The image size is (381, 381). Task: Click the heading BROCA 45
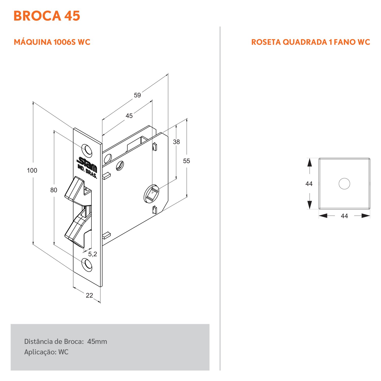point(47,16)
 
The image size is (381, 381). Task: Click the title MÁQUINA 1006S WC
point(52,42)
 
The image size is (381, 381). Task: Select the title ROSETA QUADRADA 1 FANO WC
point(310,42)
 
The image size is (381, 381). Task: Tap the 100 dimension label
point(32,170)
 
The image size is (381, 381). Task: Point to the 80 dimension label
point(54,190)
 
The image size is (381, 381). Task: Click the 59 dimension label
point(137,95)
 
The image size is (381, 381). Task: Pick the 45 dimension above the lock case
point(129,116)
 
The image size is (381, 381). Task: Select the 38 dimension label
point(176,142)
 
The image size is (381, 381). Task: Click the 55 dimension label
point(186,161)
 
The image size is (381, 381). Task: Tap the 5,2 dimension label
point(92,254)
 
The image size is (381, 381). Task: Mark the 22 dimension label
point(89,295)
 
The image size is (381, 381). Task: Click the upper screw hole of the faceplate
point(87,150)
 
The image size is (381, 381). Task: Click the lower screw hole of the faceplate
point(87,264)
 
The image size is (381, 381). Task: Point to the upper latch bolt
point(75,189)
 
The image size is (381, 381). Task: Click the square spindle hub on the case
point(152,194)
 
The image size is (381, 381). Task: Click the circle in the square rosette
point(344,184)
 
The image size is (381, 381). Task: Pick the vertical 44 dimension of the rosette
point(309,184)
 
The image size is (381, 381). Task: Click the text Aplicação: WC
point(46,352)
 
